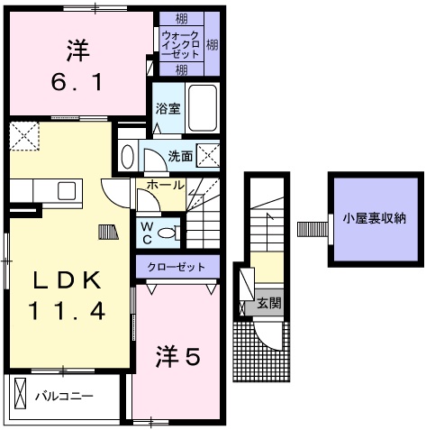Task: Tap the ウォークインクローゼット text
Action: (x=178, y=42)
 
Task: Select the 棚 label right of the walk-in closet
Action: (x=211, y=42)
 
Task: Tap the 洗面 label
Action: (x=179, y=156)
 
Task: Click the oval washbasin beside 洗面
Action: (x=128, y=157)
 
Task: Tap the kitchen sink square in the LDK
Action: (x=67, y=190)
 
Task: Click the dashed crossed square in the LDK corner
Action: (x=22, y=135)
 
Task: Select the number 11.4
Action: (x=68, y=312)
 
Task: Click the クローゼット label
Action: (x=177, y=268)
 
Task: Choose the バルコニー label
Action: (x=64, y=396)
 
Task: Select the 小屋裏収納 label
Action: (x=373, y=217)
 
